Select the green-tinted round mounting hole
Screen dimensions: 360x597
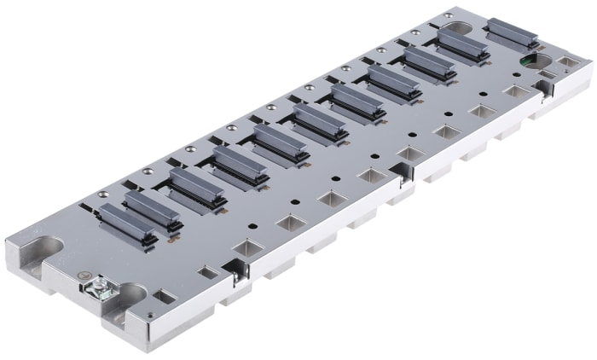coord(535,61)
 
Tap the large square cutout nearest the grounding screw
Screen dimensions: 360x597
coord(246,249)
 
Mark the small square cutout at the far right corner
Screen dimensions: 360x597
coord(565,62)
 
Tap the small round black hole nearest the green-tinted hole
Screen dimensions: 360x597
coord(484,95)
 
